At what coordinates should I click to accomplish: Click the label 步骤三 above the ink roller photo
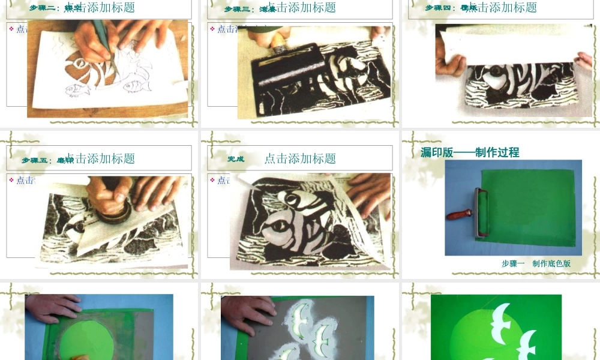point(238,8)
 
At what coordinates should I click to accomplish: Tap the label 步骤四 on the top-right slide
point(439,8)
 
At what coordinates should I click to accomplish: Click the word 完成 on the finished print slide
point(236,159)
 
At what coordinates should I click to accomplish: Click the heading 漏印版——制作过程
point(470,152)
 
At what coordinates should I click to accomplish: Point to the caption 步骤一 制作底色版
point(536,263)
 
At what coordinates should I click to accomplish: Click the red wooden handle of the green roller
point(460,214)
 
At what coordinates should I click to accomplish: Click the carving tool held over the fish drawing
point(100,36)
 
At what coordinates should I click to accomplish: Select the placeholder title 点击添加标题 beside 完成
point(300,158)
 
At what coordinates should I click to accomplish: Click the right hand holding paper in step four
point(582,60)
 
